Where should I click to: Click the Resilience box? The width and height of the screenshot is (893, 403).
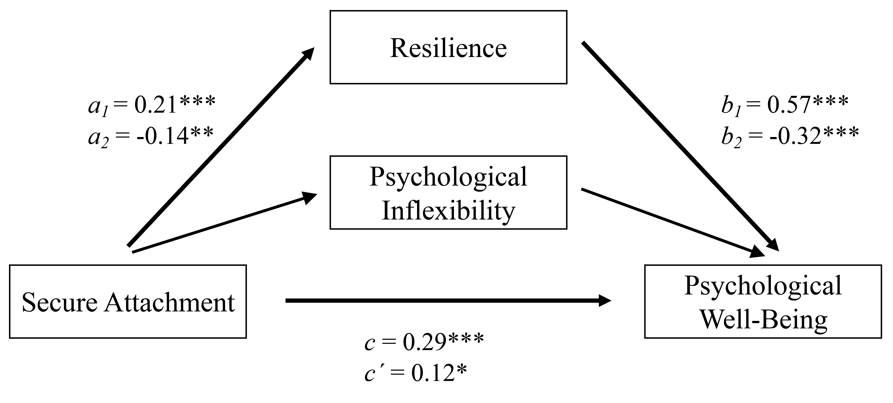pos(448,47)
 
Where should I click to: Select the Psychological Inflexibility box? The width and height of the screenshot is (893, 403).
pos(448,193)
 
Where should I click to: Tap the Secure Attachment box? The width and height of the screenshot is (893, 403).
pos(128,301)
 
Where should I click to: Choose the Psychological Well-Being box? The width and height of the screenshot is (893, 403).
pos(763,301)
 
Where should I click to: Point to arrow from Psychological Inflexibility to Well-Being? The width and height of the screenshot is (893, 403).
pos(673,223)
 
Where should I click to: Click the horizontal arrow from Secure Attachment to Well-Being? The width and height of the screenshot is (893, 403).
pos(448,301)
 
